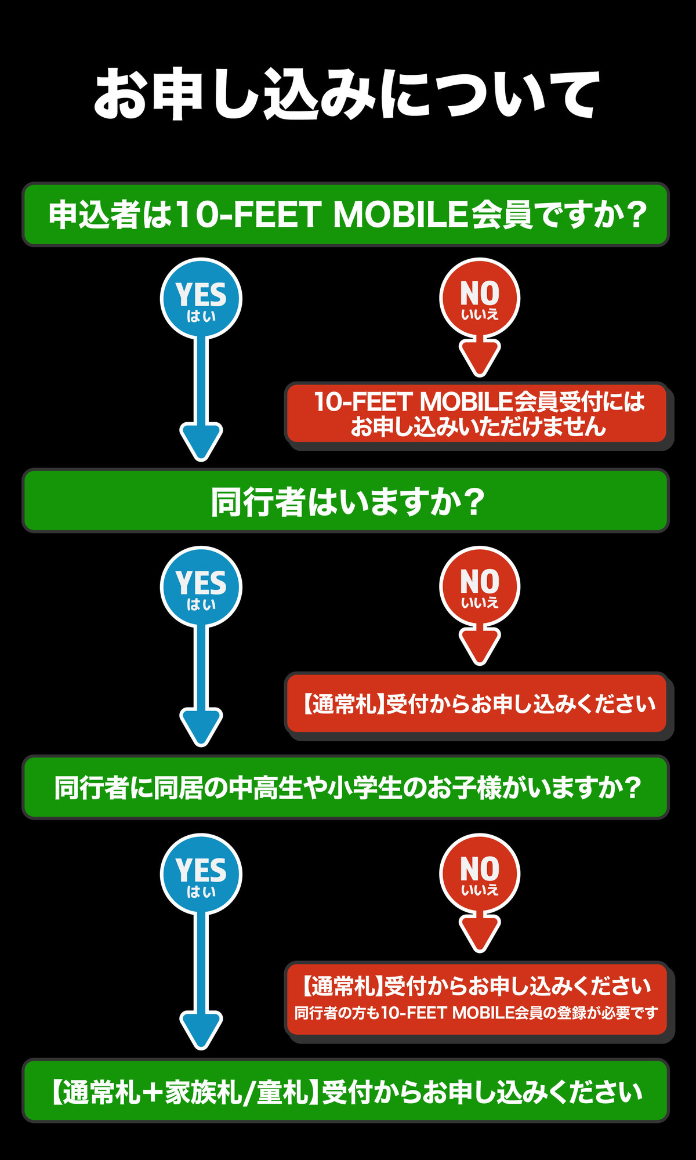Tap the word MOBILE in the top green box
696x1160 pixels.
[400, 215]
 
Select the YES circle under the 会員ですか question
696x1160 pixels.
[201, 298]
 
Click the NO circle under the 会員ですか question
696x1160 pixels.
[480, 297]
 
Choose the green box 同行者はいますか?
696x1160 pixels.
[346, 501]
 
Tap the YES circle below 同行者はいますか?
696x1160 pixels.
[201, 586]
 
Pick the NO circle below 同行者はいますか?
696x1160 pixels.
[480, 585]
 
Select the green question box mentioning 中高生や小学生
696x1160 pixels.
[346, 788]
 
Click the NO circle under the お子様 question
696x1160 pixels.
[480, 873]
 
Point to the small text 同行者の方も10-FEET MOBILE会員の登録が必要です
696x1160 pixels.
[476, 1013]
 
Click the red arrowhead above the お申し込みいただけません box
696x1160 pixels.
[480, 357]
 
